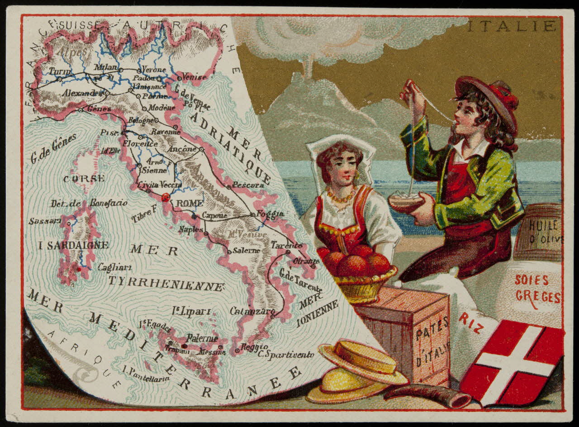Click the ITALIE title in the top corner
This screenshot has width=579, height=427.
coord(511,26)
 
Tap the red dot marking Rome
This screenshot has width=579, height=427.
coord(166,197)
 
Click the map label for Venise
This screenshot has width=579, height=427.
coord(194,77)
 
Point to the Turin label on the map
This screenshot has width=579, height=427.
coord(60,72)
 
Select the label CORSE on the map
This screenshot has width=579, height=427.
coord(84,179)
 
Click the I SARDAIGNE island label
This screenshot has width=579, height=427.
coord(73,246)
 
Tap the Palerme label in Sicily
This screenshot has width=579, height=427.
coord(200,338)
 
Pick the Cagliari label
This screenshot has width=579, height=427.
coord(115,267)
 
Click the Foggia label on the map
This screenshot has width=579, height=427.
coord(270,213)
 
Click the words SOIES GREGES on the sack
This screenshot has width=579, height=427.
coord(538,289)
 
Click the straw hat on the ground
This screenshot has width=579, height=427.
coord(357,371)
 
